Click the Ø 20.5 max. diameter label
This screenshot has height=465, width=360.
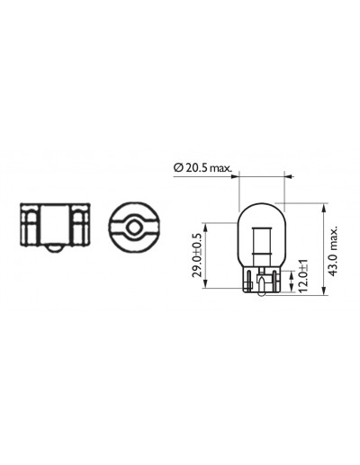pos(202,167)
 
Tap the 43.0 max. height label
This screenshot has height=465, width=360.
pos(333,250)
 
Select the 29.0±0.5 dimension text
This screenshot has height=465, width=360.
pos(196,255)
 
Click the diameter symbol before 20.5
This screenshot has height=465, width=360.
pos(178,167)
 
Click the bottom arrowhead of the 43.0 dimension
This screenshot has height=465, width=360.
pos(323,291)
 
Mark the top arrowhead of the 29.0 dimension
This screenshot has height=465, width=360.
pos(205,227)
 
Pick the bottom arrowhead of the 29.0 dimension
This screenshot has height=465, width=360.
pos(205,284)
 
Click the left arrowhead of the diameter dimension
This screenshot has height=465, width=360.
pos(235,176)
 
